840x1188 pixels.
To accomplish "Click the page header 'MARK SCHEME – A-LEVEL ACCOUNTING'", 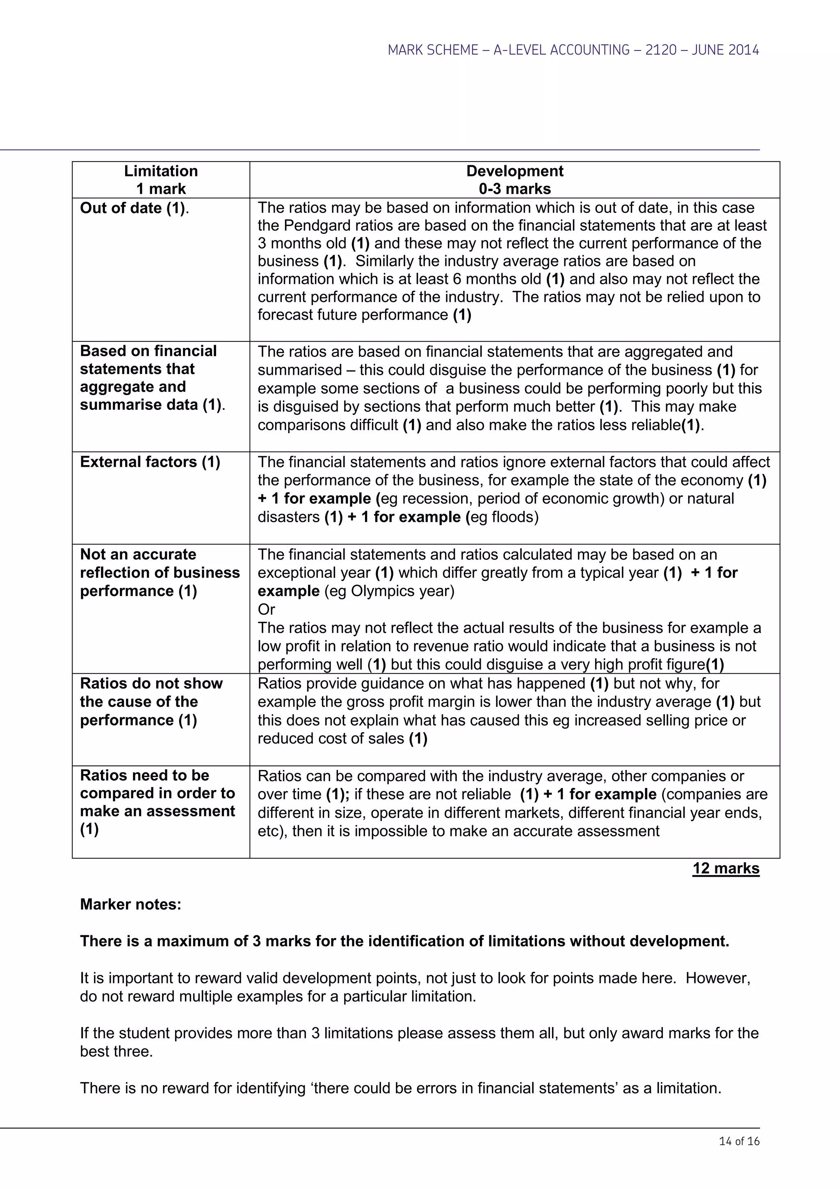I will (573, 50).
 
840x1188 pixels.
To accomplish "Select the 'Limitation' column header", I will (160, 171).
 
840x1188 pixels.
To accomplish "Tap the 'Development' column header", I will (514, 171).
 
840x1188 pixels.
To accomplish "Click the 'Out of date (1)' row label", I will (133, 208).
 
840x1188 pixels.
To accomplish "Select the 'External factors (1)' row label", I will (150, 461).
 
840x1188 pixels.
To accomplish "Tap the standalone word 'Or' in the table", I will (266, 610).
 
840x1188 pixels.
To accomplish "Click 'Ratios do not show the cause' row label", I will (151, 701).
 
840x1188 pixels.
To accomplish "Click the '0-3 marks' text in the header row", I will (514, 189).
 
